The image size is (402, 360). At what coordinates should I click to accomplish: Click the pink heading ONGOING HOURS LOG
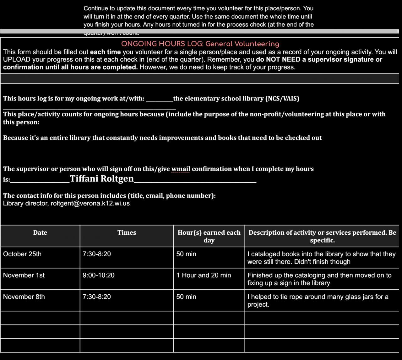click(200, 44)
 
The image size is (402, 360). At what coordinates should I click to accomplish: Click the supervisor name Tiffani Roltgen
click(102, 178)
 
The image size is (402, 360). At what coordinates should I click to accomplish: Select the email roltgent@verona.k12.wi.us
click(90, 203)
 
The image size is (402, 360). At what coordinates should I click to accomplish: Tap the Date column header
click(40, 232)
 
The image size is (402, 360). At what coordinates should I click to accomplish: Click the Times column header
click(127, 232)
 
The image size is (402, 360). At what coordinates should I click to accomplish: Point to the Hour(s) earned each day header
click(209, 236)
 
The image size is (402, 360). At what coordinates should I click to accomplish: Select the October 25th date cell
click(22, 254)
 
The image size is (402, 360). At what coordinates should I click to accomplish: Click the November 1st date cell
click(24, 275)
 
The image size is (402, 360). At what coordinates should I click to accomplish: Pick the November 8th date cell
click(24, 297)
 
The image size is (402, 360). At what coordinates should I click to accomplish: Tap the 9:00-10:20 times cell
click(99, 275)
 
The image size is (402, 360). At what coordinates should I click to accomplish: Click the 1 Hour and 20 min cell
click(204, 275)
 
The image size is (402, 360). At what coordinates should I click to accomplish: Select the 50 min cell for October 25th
click(186, 254)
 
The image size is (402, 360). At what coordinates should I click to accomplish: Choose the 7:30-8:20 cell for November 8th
click(97, 297)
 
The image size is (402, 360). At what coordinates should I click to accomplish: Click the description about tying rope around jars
click(318, 300)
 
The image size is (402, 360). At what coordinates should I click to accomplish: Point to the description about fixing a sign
click(319, 279)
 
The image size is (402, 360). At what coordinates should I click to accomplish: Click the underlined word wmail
click(181, 169)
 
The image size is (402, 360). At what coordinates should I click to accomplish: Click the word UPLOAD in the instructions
click(17, 59)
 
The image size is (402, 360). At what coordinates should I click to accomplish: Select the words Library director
click(26, 203)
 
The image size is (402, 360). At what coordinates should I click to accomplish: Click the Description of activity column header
click(322, 236)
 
